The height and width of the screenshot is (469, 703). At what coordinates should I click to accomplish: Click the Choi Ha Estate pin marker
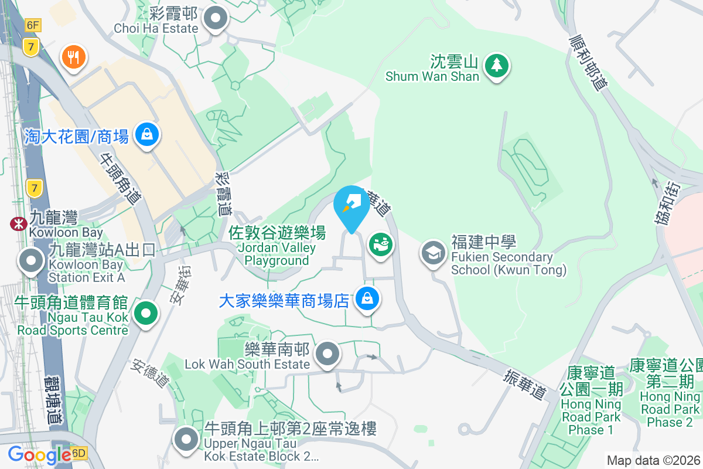click(x=216, y=19)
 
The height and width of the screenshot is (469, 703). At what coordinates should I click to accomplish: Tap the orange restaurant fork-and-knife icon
click(x=74, y=57)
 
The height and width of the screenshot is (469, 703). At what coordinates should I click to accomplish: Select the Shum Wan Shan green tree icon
click(x=497, y=66)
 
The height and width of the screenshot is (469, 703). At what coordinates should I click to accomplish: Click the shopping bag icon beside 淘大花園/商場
click(x=147, y=134)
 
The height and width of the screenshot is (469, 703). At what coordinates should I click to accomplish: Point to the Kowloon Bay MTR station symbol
click(x=18, y=223)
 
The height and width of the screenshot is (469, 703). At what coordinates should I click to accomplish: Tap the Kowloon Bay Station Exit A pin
click(x=31, y=261)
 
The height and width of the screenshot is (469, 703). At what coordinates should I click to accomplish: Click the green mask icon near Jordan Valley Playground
click(x=381, y=243)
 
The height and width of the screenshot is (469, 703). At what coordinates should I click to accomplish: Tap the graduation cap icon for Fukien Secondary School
click(x=434, y=253)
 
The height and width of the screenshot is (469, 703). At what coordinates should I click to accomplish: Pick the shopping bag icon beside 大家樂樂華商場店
click(x=367, y=300)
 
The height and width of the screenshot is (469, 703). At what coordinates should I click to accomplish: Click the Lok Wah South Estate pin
click(x=328, y=354)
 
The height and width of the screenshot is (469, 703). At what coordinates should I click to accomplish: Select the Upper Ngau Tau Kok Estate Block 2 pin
click(x=187, y=439)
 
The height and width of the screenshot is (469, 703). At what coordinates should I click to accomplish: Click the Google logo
click(x=39, y=454)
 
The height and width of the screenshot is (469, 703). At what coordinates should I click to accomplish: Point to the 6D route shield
click(x=79, y=453)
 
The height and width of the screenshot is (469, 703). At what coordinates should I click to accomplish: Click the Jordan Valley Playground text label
click(x=277, y=247)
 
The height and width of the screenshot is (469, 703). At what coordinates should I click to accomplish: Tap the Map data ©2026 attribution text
click(x=653, y=460)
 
